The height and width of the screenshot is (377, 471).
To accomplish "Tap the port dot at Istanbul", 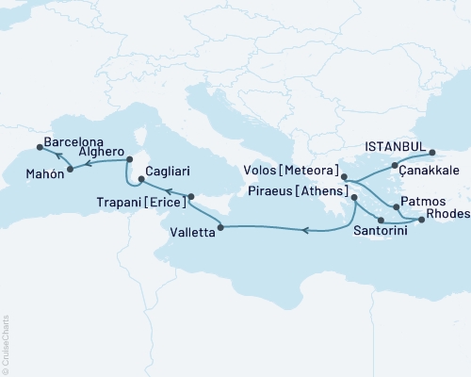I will click(432, 152).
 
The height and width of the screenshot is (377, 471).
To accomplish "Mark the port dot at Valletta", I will click(219, 224).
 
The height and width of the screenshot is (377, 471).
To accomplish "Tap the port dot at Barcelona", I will click(39, 146).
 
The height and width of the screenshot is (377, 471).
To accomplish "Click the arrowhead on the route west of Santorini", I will click(306, 228).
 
